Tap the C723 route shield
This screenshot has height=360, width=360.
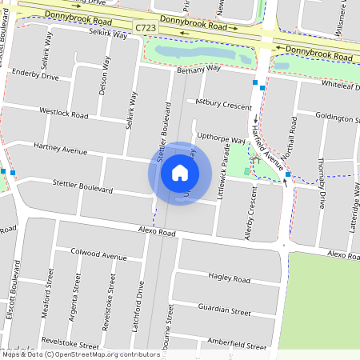145,28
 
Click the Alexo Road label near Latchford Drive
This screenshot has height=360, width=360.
156,232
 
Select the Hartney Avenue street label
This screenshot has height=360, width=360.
59,149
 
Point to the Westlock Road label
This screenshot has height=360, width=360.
63,114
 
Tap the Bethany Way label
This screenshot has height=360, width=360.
198,69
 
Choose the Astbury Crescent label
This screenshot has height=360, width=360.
224,104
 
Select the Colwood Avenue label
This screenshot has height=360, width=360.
98,256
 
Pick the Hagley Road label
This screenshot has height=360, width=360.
229,278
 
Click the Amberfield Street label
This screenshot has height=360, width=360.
236,342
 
